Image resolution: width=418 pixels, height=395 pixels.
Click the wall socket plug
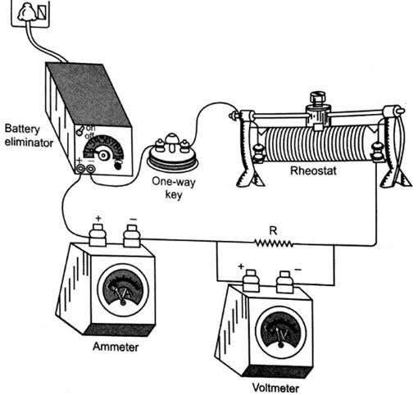[26, 13]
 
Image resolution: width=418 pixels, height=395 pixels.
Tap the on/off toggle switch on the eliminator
[80, 130]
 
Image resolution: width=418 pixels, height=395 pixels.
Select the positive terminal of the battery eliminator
[80, 169]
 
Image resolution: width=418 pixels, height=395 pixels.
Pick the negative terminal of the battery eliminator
[90, 169]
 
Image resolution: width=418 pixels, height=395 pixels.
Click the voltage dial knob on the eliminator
[103, 156]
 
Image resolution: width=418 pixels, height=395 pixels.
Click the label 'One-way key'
[174, 188]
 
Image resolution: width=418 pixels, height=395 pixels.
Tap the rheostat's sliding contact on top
[318, 111]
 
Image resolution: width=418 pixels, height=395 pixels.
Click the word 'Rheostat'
[313, 171]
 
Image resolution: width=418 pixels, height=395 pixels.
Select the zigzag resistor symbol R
[274, 243]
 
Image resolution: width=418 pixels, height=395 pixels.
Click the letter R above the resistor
[273, 231]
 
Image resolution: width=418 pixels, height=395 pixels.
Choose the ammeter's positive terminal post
[98, 235]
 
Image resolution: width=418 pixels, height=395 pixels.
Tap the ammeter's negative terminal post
[132, 236]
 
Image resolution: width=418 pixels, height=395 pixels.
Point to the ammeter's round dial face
[123, 290]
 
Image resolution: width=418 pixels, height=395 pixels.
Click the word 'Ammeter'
[116, 347]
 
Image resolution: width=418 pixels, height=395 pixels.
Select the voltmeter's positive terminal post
[251, 281]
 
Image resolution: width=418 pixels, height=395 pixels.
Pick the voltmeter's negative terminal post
[284, 282]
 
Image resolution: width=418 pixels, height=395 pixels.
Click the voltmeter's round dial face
[280, 332]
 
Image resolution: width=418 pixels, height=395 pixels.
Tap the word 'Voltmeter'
[275, 388]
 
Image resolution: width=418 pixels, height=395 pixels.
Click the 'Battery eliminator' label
[29, 136]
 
